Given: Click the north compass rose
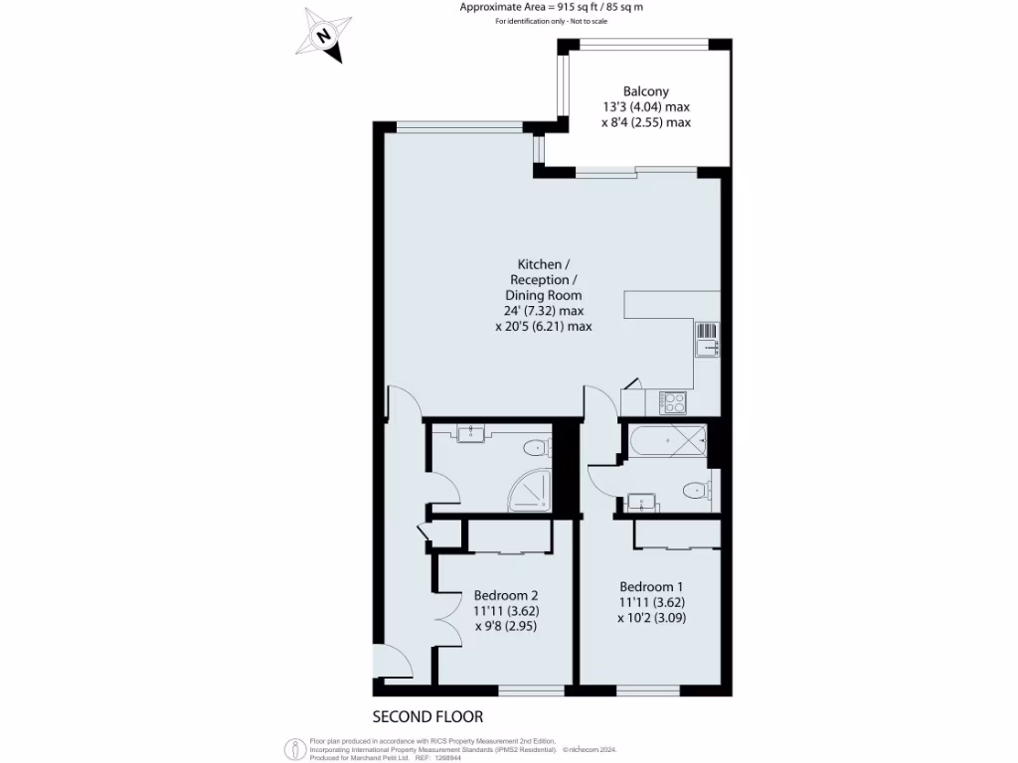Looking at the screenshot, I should pos(324,36).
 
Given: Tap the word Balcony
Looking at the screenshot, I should pos(645,91).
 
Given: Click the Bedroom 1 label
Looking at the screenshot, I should pos(651,586).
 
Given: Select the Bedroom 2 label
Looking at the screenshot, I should pos(507,595).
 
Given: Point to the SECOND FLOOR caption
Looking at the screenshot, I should pos(427,716).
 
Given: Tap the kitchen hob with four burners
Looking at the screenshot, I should pos(673,402).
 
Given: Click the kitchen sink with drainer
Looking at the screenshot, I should pos(707,339).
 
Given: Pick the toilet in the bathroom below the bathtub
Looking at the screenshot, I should pos(697,490).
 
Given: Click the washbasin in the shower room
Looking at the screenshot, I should pos(469,433).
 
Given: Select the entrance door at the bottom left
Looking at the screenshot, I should pos(392,664).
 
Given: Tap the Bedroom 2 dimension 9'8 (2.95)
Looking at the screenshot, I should pos(506,626).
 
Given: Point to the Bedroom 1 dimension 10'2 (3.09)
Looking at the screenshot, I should pos(651,617).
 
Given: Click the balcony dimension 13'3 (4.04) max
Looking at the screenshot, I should pos(645,107).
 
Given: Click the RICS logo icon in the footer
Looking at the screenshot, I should pos(294,748).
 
